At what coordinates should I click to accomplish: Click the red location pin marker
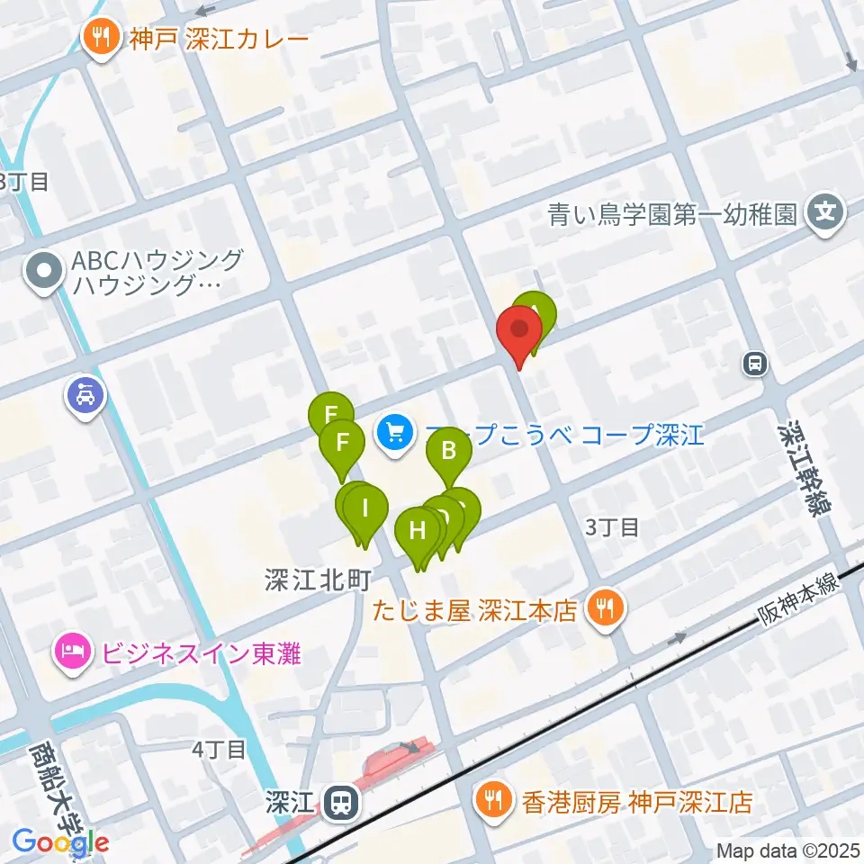[x=519, y=330]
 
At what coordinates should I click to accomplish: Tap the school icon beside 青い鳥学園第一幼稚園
[x=825, y=214]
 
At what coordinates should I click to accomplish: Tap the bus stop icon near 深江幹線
[x=754, y=364]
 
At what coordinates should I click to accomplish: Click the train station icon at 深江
[x=340, y=800]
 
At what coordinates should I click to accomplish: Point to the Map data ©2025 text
[x=787, y=850]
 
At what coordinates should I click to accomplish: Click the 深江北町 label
[x=312, y=581]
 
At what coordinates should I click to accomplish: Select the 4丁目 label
[x=219, y=749]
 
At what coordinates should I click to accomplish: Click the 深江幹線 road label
[x=802, y=466]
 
